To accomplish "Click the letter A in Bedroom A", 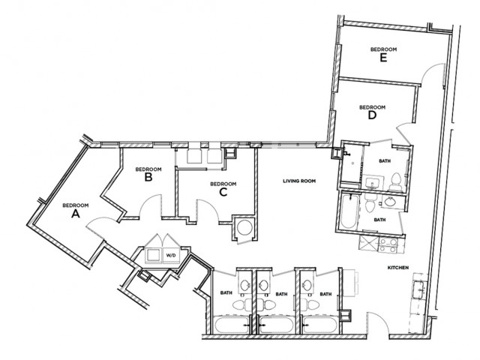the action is click(x=76, y=214).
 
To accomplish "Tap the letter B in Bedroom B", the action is click(x=148, y=177).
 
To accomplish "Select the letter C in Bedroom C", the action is click(x=223, y=192).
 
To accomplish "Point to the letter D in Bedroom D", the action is click(x=372, y=115).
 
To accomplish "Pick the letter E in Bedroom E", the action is click(x=383, y=58).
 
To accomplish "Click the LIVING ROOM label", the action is click(x=299, y=181).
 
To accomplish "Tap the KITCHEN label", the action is click(x=398, y=268).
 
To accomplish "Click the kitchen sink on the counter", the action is click(x=418, y=289).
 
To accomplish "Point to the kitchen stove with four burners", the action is click(x=388, y=245).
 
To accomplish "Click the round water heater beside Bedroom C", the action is click(x=245, y=227).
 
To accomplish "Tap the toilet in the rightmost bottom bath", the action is click(x=310, y=305).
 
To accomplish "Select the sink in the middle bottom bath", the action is click(x=264, y=286).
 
